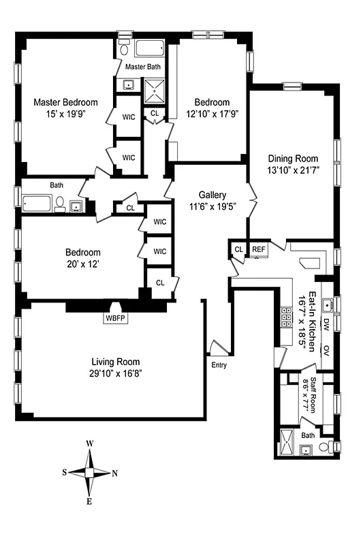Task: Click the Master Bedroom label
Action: pyautogui.click(x=65, y=102)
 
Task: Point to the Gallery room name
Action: pyautogui.click(x=212, y=194)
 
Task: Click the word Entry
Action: pyautogui.click(x=219, y=365)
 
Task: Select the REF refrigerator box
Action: pyautogui.click(x=259, y=249)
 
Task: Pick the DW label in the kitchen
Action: pyautogui.click(x=326, y=324)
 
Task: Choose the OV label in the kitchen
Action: pyautogui.click(x=326, y=350)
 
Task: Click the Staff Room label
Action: pyautogui.click(x=314, y=392)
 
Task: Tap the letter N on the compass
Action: pyautogui.click(x=115, y=473)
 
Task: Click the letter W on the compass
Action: pyautogui.click(x=89, y=443)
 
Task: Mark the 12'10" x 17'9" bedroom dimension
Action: pyautogui.click(x=211, y=114)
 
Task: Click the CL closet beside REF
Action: pyautogui.click(x=238, y=249)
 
